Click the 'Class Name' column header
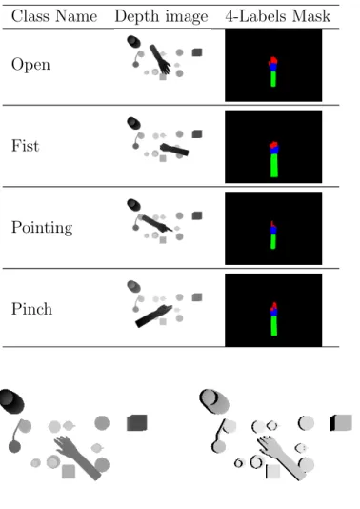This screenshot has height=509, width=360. pos(54,16)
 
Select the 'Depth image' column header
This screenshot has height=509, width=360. pos(161,16)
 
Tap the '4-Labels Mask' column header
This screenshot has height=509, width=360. pos(278,16)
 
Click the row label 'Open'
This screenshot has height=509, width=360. pos(30,65)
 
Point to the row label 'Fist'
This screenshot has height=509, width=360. pos(26,146)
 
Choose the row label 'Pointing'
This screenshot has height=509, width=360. pos(42,228)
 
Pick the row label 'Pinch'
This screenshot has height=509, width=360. pos(31,309)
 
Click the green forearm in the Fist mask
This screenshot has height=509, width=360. pos(274,165)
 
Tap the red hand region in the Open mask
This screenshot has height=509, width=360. pos(273,61)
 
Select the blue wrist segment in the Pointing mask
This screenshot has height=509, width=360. pos(273,231)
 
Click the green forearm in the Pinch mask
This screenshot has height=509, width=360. pos(273,326)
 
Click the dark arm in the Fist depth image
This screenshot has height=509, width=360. pos(174,150)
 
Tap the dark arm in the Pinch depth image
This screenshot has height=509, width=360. pos(153,316)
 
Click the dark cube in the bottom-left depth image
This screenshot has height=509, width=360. pos(136,422)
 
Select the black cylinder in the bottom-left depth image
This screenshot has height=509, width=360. pos(11,401)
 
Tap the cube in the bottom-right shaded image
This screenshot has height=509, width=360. pos(341,422)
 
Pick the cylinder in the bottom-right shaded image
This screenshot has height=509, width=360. pos(214,401)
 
